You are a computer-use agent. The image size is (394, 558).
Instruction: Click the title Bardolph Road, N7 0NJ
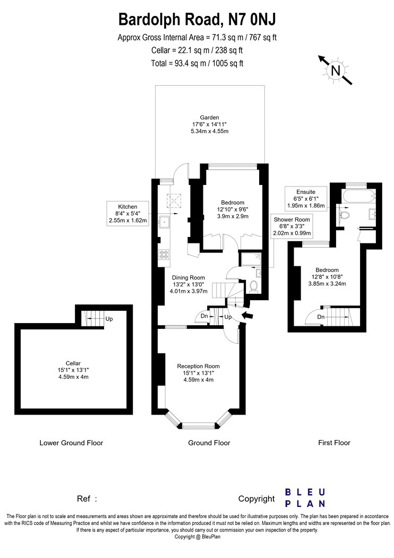197,19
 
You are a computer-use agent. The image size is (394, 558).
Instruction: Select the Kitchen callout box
127,213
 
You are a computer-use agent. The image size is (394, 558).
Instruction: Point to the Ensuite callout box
306,198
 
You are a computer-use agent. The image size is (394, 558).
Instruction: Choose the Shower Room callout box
292,226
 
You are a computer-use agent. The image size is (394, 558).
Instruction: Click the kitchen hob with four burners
164,254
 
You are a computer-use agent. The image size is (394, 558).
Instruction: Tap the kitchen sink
165,222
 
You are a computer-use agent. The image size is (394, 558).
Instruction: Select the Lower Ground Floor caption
71,443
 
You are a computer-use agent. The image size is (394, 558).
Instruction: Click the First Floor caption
334,443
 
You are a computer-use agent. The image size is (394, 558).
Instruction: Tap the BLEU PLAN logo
305,498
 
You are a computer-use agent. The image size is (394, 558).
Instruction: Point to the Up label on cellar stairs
109,319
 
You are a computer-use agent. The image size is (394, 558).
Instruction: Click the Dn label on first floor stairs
321,317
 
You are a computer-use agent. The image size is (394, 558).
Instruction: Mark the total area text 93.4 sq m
198,63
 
